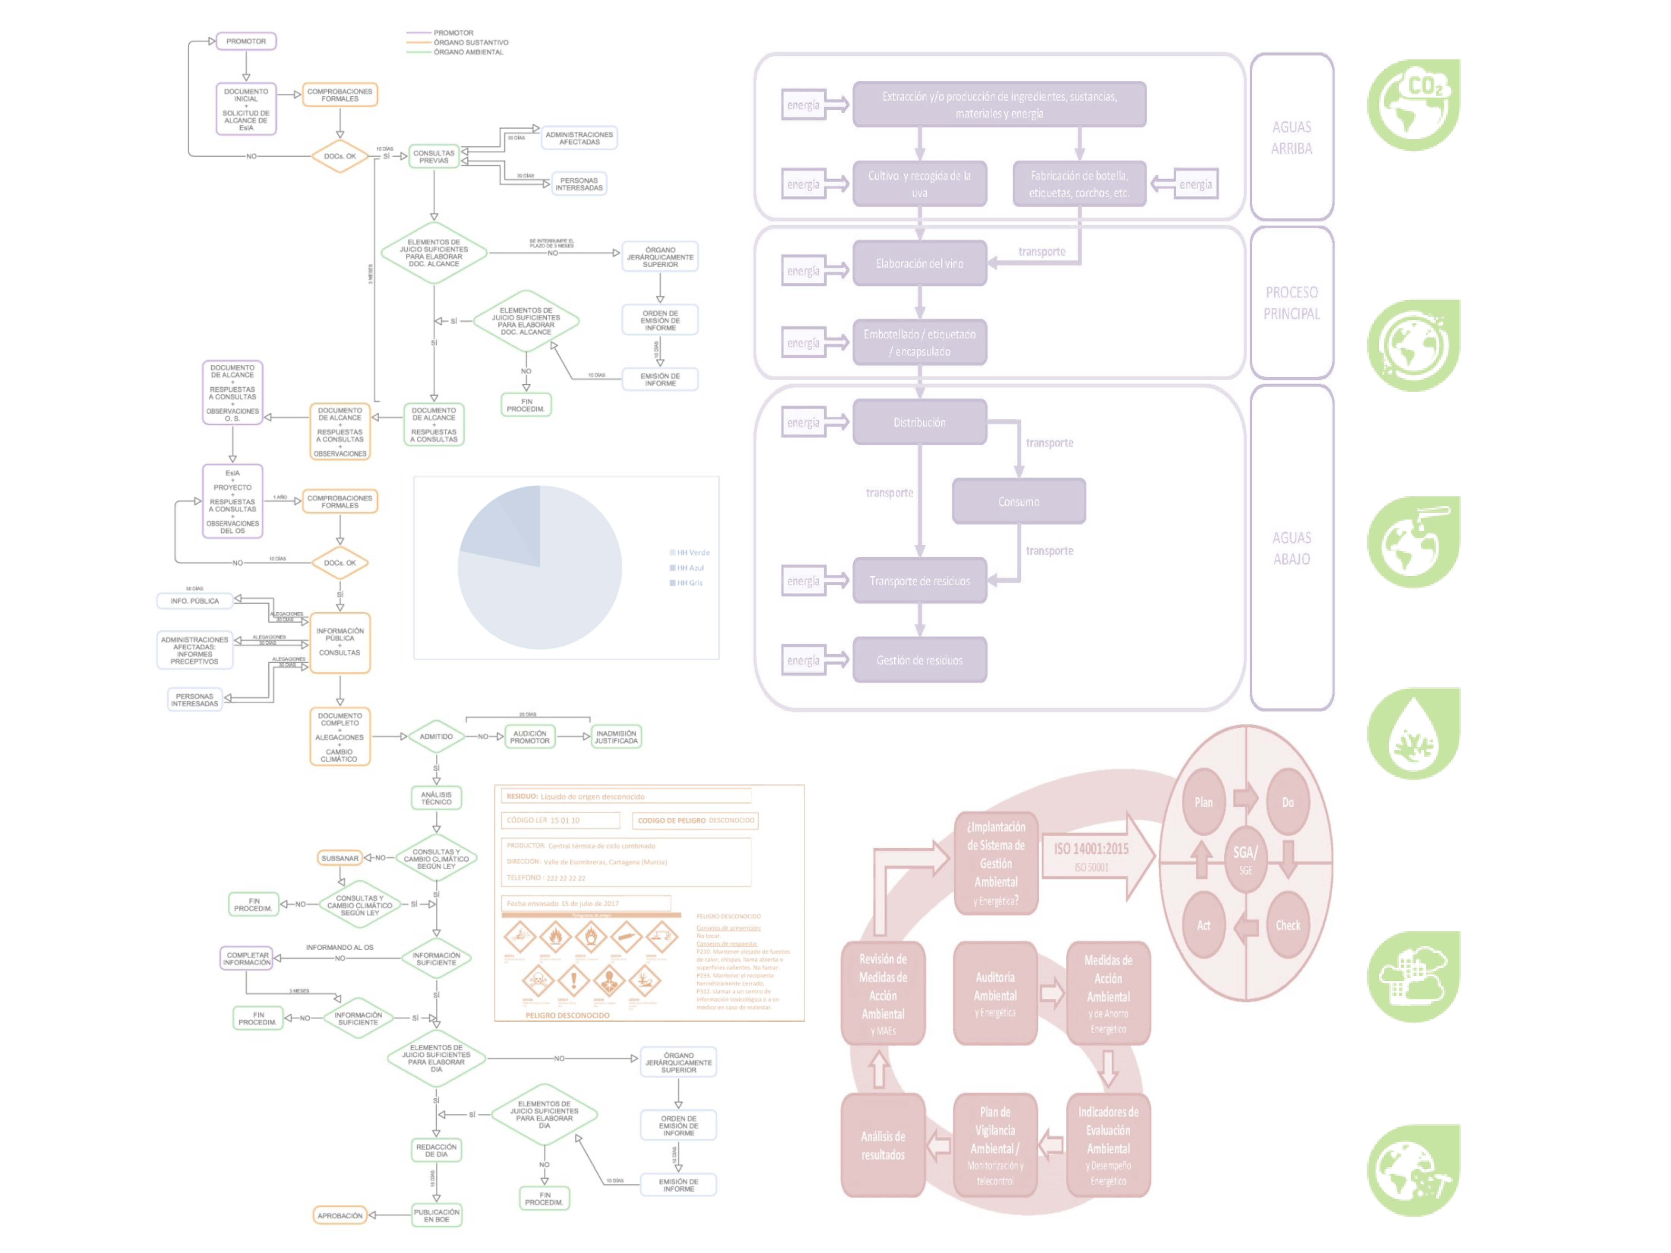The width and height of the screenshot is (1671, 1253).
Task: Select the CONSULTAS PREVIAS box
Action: tap(434, 156)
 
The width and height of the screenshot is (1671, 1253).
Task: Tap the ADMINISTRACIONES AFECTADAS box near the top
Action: tap(579, 138)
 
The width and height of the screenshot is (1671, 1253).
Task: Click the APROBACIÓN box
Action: tap(340, 1215)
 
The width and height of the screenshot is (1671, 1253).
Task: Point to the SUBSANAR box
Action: tap(340, 858)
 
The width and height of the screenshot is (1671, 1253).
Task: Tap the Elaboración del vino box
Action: tap(919, 264)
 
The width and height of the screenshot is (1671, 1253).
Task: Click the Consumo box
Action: tap(1018, 501)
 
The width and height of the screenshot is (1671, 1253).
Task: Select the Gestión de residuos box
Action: tap(919, 660)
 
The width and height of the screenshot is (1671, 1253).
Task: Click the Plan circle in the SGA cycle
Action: tap(1203, 802)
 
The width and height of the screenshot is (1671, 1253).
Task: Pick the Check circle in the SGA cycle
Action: tap(1288, 925)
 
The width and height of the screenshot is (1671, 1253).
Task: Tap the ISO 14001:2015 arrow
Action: tap(1095, 856)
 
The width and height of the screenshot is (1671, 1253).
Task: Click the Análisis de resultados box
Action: tap(882, 1145)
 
